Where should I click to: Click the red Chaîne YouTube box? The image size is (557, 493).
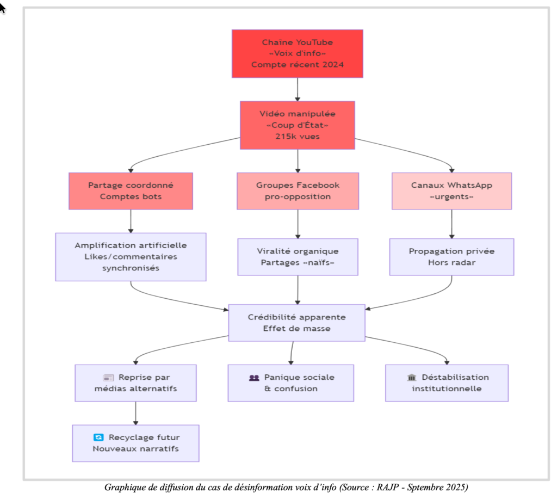(x=297, y=53)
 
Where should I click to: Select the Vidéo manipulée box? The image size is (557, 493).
(x=297, y=125)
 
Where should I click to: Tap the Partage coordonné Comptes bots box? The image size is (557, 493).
(x=131, y=191)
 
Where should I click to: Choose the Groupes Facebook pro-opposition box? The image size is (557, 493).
(x=298, y=191)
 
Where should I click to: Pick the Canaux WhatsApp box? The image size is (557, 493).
(x=451, y=191)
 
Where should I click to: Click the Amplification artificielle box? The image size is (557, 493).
(x=131, y=257)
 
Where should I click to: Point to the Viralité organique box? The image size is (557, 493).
(x=298, y=257)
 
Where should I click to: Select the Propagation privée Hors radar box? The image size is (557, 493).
(x=451, y=257)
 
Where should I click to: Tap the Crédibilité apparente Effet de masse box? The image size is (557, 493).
(x=296, y=323)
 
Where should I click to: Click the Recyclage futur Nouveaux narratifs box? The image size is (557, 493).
(x=135, y=443)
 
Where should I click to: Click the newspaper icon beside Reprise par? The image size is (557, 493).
(x=108, y=378)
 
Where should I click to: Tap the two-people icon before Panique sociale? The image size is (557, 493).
(x=254, y=378)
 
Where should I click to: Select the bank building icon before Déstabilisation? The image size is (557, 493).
(x=411, y=378)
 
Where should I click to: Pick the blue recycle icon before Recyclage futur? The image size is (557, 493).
(x=98, y=437)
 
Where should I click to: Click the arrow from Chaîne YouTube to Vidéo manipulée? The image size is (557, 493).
(x=297, y=90)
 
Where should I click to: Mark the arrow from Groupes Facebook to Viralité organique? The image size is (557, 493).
(x=298, y=224)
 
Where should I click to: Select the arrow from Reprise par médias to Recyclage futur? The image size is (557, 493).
(x=135, y=414)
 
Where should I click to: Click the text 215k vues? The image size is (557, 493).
(x=297, y=137)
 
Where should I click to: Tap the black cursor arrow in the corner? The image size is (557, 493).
(x=3, y=8)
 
